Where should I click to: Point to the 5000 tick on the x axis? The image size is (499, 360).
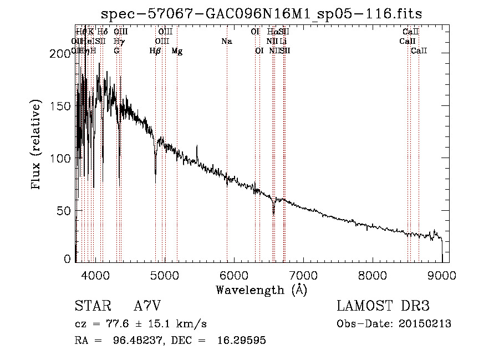point(165,275)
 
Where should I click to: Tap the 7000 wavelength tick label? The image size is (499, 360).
point(303,275)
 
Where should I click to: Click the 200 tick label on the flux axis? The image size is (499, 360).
point(58,54)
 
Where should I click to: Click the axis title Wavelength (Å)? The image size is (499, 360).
point(262,290)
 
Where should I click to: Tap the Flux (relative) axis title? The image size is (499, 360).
point(37,145)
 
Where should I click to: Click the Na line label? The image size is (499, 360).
point(226,42)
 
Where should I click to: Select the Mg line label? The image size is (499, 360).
point(177,51)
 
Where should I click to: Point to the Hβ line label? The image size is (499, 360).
point(155,51)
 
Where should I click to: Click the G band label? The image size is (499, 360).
point(116,51)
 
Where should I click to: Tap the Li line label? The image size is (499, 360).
point(283,42)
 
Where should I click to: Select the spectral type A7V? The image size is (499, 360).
point(147,306)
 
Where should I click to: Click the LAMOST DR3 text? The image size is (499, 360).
point(383,306)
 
